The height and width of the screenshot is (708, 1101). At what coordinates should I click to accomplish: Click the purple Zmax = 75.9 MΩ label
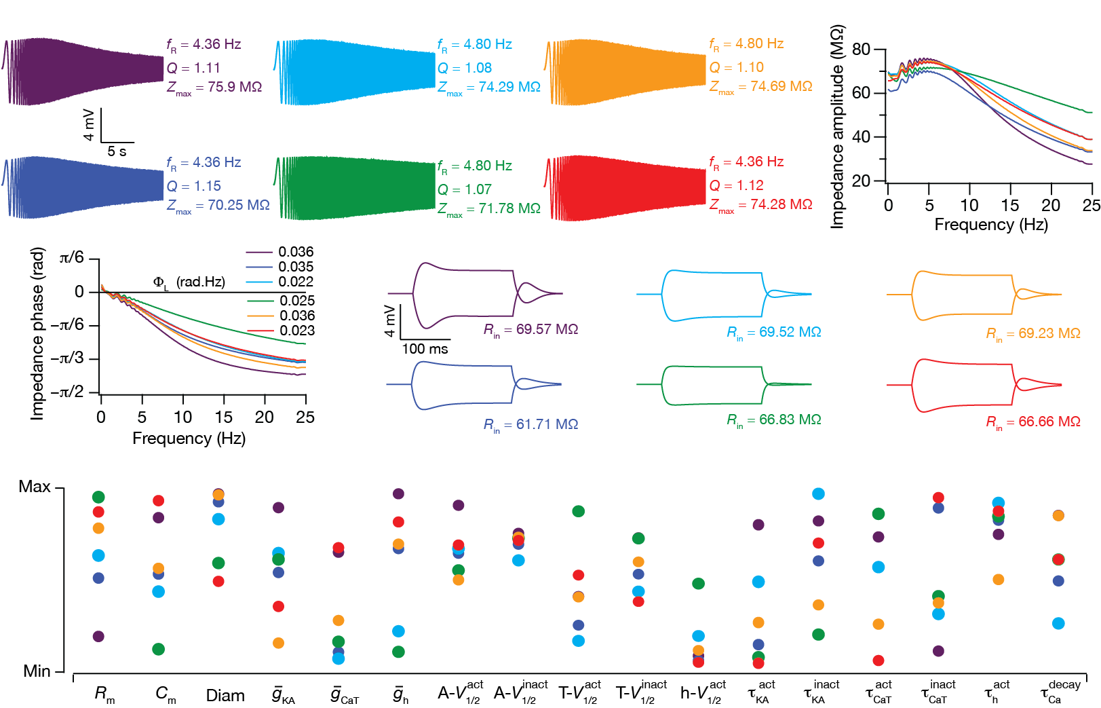click(x=214, y=88)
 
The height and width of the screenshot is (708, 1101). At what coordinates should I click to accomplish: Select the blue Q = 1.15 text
click(x=194, y=186)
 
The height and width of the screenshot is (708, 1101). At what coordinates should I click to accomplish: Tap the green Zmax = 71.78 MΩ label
click(x=489, y=209)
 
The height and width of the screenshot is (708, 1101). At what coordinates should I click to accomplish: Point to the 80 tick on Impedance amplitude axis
click(x=861, y=50)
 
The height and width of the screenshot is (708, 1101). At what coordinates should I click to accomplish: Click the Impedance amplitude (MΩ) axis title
click(x=838, y=127)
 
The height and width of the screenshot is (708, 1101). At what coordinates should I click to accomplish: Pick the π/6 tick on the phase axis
click(x=72, y=258)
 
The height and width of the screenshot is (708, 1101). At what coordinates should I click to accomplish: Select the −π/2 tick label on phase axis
click(x=71, y=392)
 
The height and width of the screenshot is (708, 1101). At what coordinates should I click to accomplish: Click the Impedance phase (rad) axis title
click(x=37, y=333)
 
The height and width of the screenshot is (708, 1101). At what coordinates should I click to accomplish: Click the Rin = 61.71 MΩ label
click(x=530, y=425)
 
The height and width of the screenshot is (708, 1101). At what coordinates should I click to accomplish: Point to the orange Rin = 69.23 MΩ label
click(x=1033, y=334)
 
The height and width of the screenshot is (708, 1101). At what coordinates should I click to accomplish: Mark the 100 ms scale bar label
click(x=425, y=349)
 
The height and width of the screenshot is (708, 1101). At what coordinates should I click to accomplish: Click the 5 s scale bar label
click(x=117, y=151)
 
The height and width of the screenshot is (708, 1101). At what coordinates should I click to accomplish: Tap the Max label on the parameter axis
click(x=35, y=487)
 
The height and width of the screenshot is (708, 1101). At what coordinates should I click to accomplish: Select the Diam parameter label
click(x=225, y=696)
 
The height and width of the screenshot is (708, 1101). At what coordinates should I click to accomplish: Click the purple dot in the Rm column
click(x=98, y=636)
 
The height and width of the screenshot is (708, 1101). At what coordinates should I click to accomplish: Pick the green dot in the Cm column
click(x=159, y=649)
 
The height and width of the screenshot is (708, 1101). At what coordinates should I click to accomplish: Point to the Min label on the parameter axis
click(x=37, y=671)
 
